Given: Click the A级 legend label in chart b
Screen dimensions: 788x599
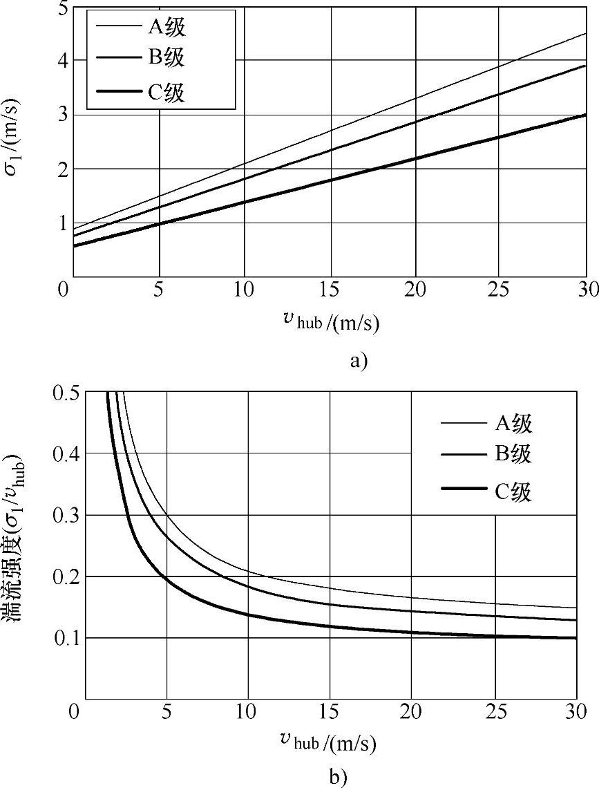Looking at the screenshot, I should coord(513,423).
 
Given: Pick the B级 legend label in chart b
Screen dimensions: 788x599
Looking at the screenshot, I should coord(513,454).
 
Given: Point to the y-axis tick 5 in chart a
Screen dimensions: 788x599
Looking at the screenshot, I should coord(62,9).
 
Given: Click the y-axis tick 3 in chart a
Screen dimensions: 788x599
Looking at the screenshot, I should coord(62,115).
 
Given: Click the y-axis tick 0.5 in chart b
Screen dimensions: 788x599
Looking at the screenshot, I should coord(66,393).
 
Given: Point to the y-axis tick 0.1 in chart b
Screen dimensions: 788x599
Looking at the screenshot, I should coord(66,637).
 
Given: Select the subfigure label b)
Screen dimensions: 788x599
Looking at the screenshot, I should coord(338,777).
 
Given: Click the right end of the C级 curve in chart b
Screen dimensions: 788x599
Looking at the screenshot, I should coord(576,638).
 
